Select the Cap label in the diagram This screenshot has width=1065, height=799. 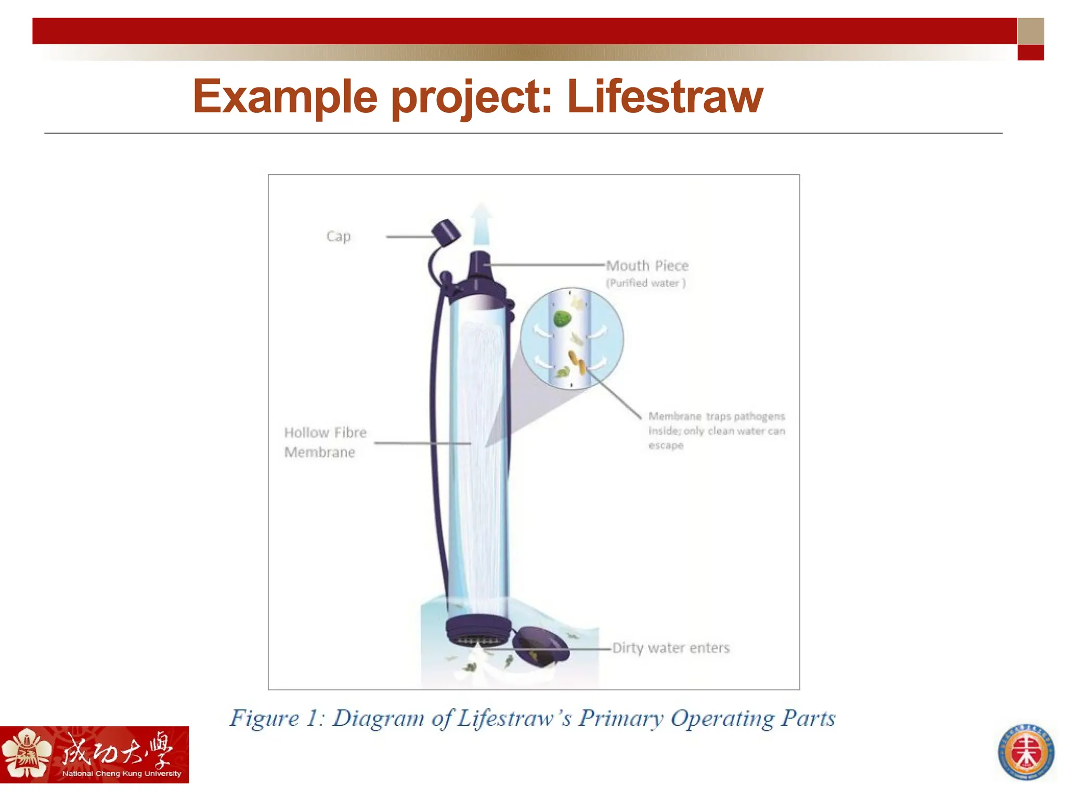coord(339,236)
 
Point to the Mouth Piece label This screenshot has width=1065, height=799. coord(647,266)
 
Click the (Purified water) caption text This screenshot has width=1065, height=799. coord(645,283)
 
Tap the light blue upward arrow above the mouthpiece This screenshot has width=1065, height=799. coord(481,224)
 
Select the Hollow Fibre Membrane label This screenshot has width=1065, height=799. coord(325,442)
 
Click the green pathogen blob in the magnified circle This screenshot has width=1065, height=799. coord(562,318)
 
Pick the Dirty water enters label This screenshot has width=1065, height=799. coord(671,648)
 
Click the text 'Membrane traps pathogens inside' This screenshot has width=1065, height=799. coord(716,423)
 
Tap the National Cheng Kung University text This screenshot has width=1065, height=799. coord(121,774)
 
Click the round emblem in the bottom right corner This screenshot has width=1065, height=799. coord(1025,752)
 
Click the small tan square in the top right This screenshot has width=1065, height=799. coord(1030,31)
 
